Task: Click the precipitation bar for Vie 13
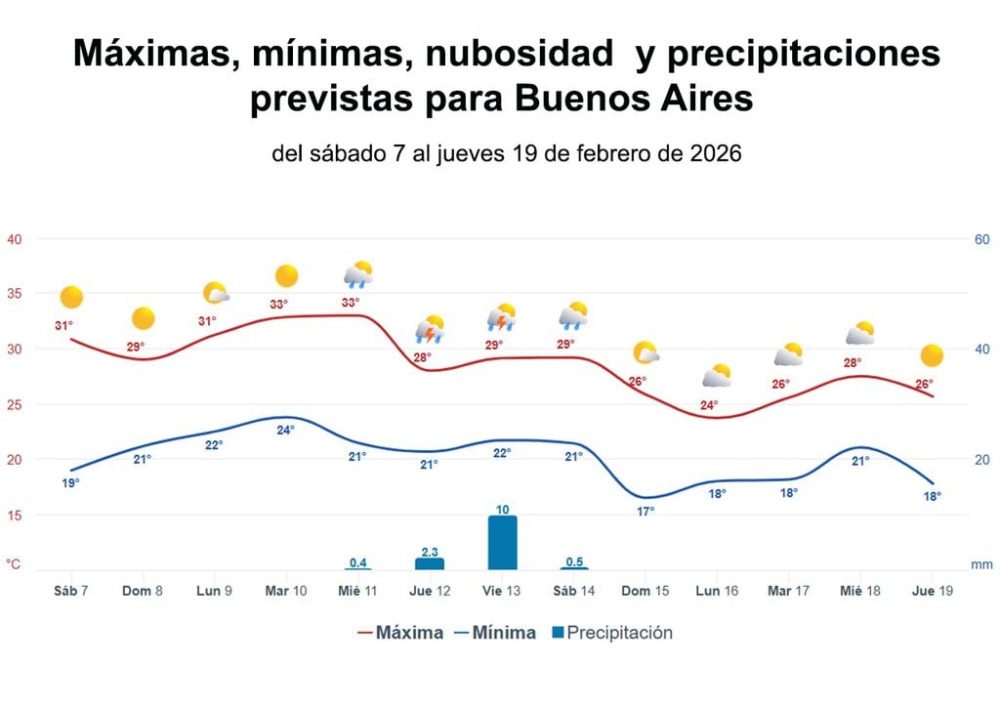pos(502,543)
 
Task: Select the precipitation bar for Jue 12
pos(430,563)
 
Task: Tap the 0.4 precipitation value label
pos(358,561)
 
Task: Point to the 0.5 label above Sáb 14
pos(574,561)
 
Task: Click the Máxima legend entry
pos(400,633)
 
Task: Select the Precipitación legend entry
pos(612,633)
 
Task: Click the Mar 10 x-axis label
pos(286,592)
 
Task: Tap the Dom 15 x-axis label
pos(646,592)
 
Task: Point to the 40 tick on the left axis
pos(15,239)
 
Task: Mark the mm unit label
pos(981,564)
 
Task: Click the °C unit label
pos(14,564)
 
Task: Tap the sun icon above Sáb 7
pos(71,297)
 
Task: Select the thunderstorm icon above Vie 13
pos(502,317)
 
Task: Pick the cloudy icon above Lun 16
pos(718,376)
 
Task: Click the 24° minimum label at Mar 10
pos(286,430)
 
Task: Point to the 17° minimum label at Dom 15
pos(646,512)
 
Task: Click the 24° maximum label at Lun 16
pos(709,405)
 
